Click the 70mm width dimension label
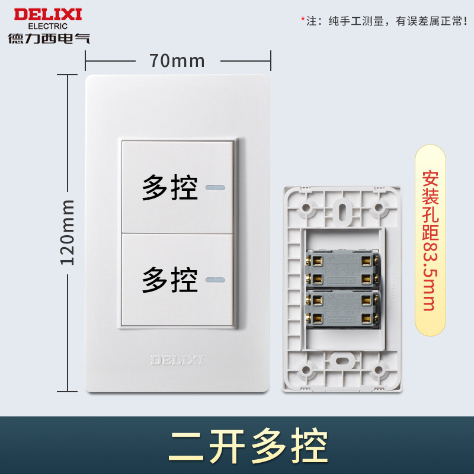point(177,60)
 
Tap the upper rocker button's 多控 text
point(169,188)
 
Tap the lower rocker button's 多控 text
point(169,278)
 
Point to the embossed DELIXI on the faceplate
point(177,360)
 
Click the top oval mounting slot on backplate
point(342,210)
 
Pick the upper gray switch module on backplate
point(341,267)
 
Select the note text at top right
point(387,21)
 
